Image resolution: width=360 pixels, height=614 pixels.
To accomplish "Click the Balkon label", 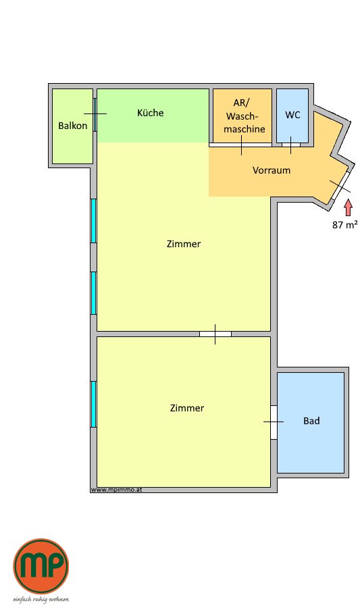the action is [72, 126].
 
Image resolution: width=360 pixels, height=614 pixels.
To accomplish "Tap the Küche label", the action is [150, 113].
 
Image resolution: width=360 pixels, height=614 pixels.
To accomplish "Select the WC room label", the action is [292, 115].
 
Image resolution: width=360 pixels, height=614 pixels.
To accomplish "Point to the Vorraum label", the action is [272, 170].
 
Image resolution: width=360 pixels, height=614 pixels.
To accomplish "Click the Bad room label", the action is [311, 421].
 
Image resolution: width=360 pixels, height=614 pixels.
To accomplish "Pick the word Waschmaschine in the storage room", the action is [245, 122].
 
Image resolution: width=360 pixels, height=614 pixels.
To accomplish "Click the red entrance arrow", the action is [347, 208].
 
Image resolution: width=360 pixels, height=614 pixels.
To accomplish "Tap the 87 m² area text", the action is [344, 225].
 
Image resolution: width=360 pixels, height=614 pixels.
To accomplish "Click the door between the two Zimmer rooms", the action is [215, 334].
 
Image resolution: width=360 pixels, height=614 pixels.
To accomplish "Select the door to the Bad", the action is [274, 422].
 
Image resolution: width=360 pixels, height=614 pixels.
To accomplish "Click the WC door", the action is [290, 145].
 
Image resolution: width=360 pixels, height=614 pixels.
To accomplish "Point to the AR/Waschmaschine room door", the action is [240, 145].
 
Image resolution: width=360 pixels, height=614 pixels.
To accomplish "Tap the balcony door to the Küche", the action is [95, 114].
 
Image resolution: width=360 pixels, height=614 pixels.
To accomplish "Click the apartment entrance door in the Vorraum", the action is [340, 186].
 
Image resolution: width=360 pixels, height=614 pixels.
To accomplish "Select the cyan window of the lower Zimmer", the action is [94, 404].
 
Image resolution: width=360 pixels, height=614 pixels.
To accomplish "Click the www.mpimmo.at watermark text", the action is [116, 490].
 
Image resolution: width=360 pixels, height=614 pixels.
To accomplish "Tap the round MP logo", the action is [41, 566].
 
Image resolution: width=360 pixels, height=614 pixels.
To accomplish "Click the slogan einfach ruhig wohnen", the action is [41, 600].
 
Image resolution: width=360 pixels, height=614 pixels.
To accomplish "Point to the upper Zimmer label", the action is [183, 244].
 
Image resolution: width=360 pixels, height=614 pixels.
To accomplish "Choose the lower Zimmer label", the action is [187, 408].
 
